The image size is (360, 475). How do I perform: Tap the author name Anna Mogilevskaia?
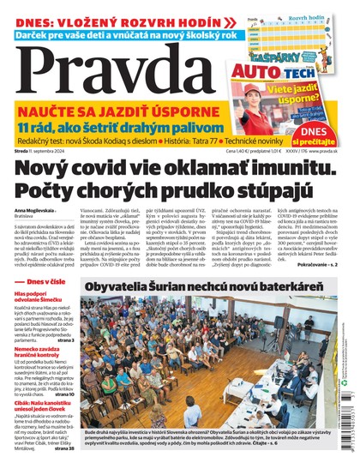click(35, 209)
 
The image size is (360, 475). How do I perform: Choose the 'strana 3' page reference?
click(63, 341)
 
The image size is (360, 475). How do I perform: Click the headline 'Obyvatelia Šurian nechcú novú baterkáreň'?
click(211, 286)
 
